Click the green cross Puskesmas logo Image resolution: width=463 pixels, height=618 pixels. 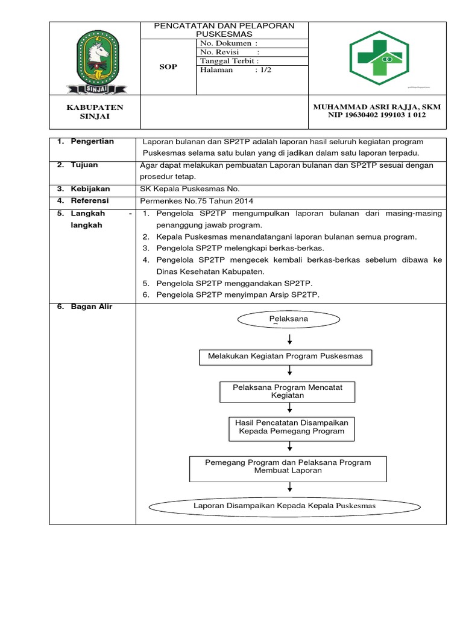[x=377, y=58]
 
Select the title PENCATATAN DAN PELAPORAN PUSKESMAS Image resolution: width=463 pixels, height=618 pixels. [x=224, y=30]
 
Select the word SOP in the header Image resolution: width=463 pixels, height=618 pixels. [x=168, y=66]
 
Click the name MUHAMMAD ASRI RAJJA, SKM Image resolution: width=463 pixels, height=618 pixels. [x=377, y=107]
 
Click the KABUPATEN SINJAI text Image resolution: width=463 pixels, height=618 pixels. [x=94, y=112]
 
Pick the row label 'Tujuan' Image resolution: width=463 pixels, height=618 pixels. [x=84, y=165]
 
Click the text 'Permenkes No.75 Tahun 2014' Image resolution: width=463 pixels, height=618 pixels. [x=192, y=201]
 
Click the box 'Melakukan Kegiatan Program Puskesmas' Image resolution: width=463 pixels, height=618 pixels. [x=285, y=357]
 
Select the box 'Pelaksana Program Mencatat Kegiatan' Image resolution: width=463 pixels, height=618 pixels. [x=287, y=391]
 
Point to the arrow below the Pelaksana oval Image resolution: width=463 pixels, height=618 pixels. [x=291, y=339]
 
